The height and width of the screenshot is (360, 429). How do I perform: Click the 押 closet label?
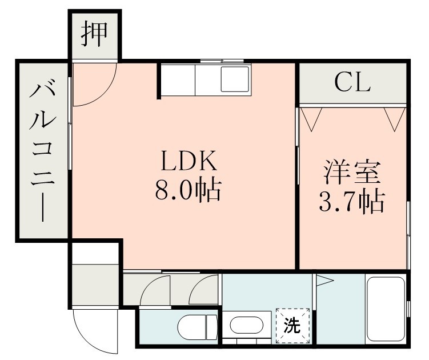[95, 34]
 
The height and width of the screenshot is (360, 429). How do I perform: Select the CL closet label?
[352, 83]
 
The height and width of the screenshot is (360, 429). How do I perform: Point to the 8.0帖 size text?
[188, 190]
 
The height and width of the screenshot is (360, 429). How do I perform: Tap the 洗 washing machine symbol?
[292, 326]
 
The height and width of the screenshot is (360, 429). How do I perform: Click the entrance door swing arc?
[94, 331]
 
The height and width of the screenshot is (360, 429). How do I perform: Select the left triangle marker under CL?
[311, 119]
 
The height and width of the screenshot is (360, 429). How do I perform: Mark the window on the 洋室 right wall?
[408, 234]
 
